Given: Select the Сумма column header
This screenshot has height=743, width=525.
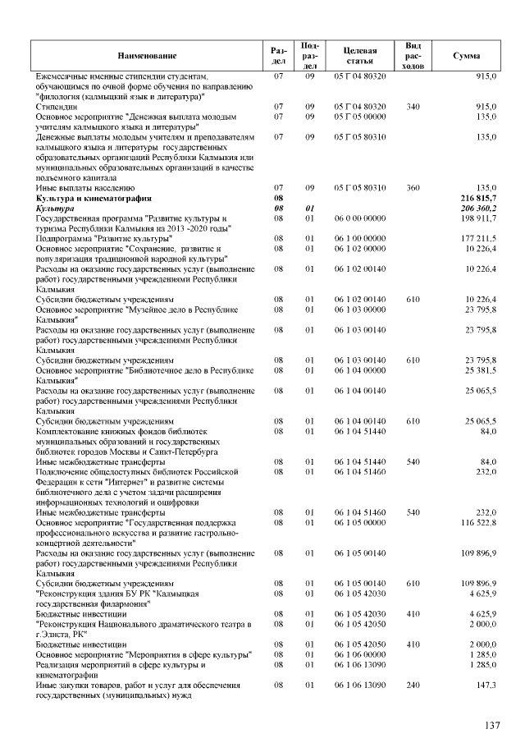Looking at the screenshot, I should (x=467, y=55).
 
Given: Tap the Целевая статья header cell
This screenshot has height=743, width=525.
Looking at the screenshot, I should (x=360, y=55).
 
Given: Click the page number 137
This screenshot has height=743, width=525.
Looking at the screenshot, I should (x=491, y=725).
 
